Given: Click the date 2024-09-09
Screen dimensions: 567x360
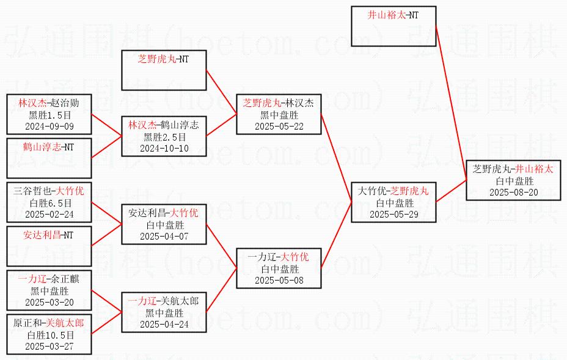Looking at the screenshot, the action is (x=49, y=126).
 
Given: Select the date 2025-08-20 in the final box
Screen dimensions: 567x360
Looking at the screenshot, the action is (x=513, y=192).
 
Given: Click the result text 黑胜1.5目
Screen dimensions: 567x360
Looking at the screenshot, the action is (x=49, y=115).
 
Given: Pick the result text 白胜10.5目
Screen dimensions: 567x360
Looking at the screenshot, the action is (x=49, y=335).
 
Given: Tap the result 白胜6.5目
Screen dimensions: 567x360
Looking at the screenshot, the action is (x=49, y=203).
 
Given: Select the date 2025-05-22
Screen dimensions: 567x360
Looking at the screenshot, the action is (x=279, y=126).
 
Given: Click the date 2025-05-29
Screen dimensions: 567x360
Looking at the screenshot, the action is (x=394, y=214).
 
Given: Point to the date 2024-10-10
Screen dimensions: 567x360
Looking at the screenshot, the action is (x=164, y=148).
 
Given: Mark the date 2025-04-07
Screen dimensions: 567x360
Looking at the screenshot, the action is (x=164, y=236).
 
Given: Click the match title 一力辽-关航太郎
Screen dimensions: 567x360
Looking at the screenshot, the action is (x=164, y=301).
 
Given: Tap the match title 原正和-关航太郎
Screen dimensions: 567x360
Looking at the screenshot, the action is (x=49, y=323).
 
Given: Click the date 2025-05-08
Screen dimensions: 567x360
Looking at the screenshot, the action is (x=279, y=280).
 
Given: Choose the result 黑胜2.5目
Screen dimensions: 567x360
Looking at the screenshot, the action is (x=164, y=136).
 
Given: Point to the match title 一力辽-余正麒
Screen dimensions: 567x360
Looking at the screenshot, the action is (x=49, y=279).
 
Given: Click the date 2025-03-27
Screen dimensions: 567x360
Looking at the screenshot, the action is (x=49, y=347).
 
